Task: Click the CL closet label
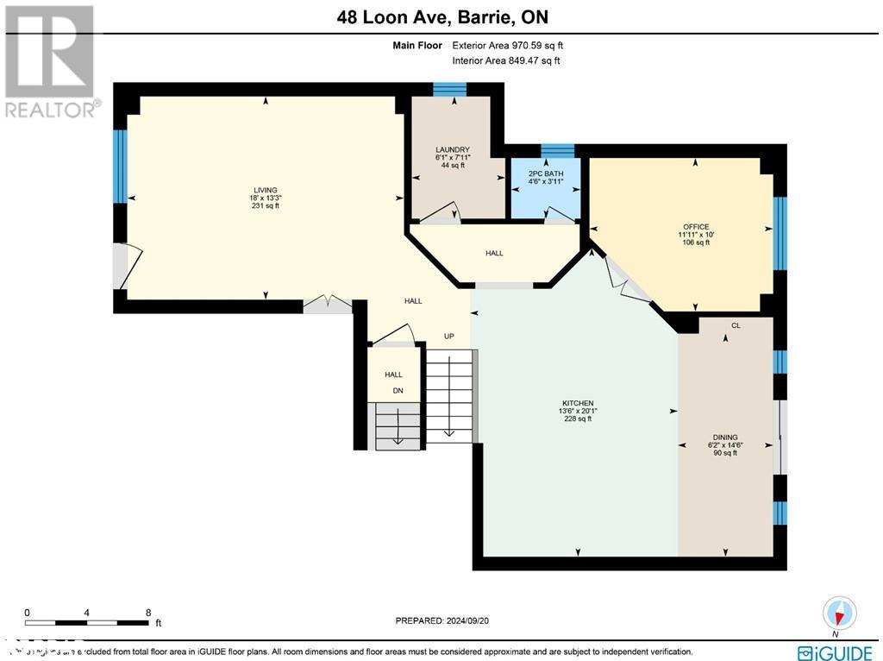736,326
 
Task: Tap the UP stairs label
448,336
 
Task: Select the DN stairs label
398,390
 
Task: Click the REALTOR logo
50,61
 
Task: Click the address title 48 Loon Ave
441,17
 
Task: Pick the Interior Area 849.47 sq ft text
505,60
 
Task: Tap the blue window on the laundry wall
449,89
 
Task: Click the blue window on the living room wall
120,166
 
